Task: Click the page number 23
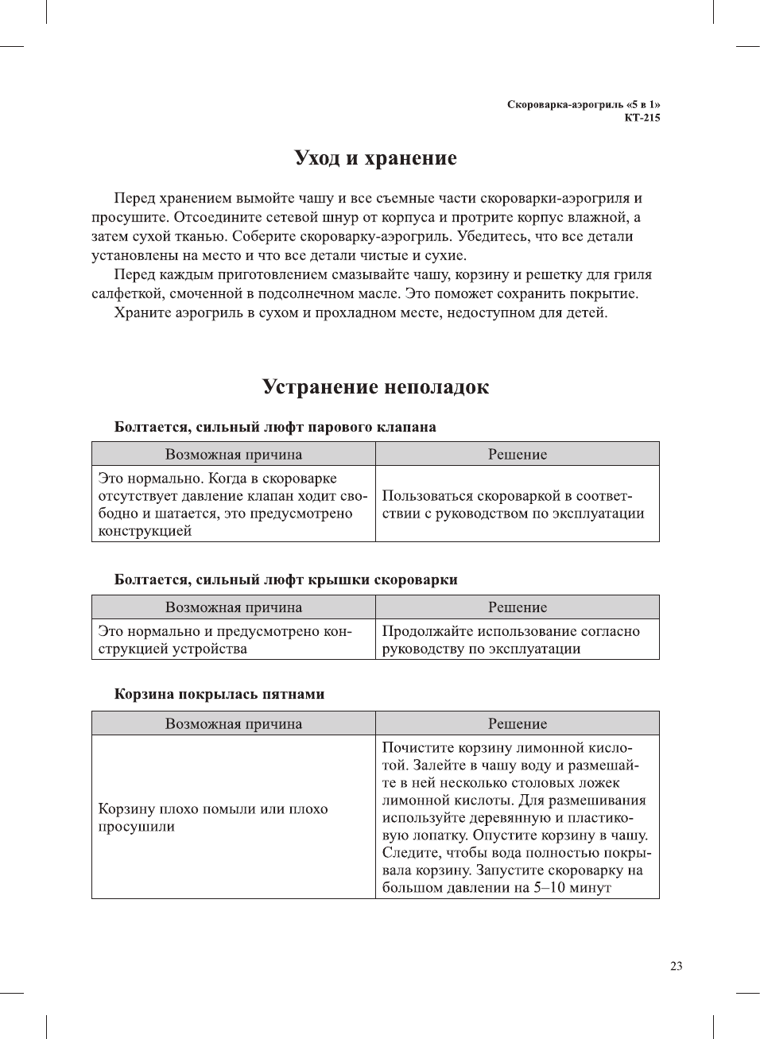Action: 676,966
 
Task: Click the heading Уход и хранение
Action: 375,158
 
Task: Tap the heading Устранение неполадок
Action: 375,387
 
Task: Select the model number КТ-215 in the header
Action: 642,118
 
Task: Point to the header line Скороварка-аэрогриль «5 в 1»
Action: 583,104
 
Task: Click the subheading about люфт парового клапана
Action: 275,427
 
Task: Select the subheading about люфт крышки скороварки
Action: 285,580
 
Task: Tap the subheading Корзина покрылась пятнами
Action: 219,694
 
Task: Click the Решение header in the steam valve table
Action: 517,454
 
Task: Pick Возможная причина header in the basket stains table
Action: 233,723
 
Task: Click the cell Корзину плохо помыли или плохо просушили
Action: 212,817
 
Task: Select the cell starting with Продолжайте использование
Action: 510,639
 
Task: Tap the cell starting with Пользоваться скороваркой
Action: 513,504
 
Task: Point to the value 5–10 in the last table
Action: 549,888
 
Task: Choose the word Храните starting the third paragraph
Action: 142,312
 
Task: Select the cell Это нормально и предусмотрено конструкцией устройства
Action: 225,639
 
